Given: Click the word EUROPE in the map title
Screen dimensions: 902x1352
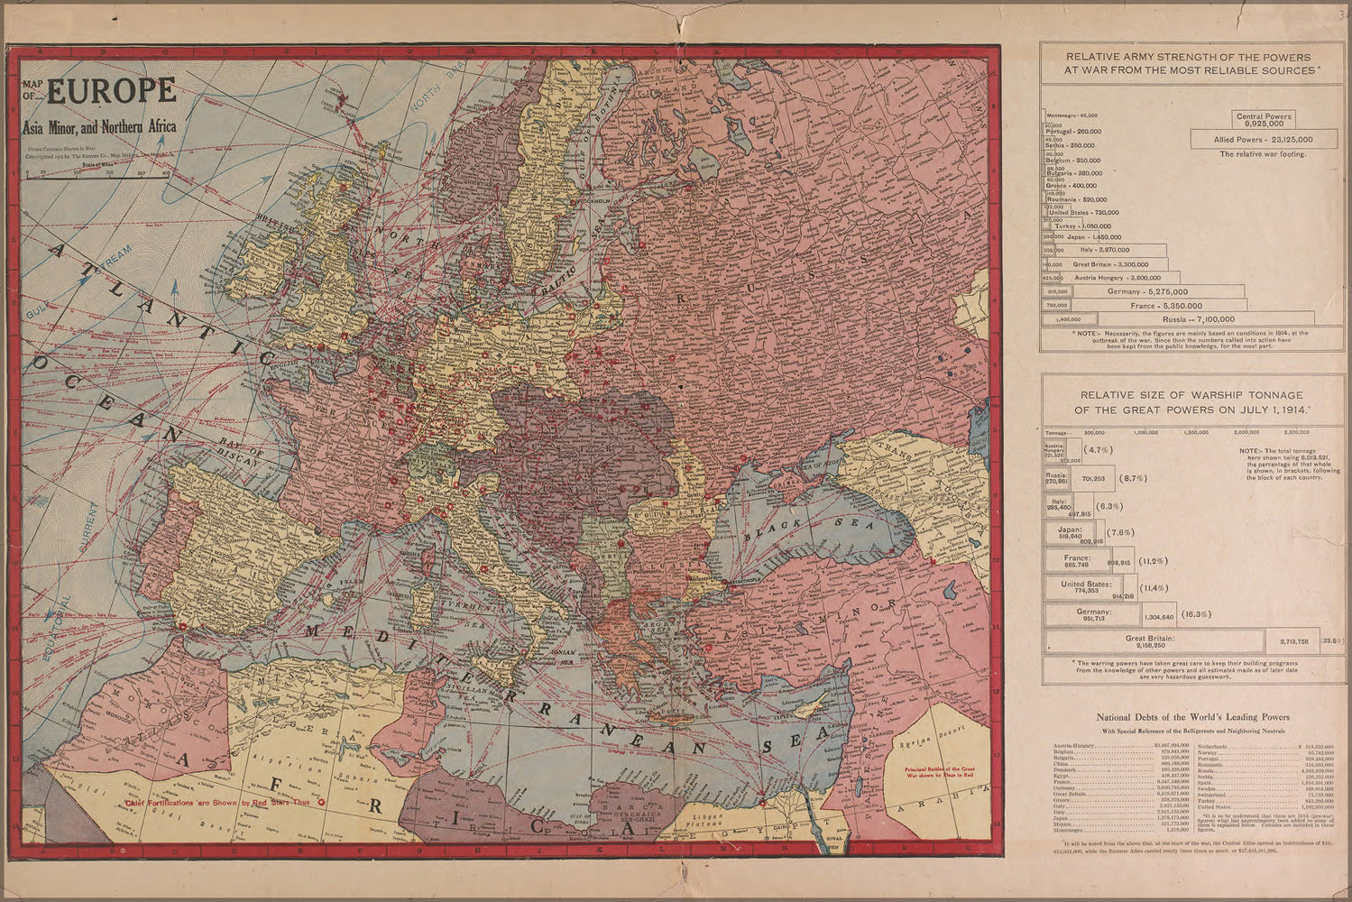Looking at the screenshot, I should pos(112,92).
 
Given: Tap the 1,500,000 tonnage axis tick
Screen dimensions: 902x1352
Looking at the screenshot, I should pos(1198,433).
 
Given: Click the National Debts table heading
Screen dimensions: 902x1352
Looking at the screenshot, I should pos(1192,717).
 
